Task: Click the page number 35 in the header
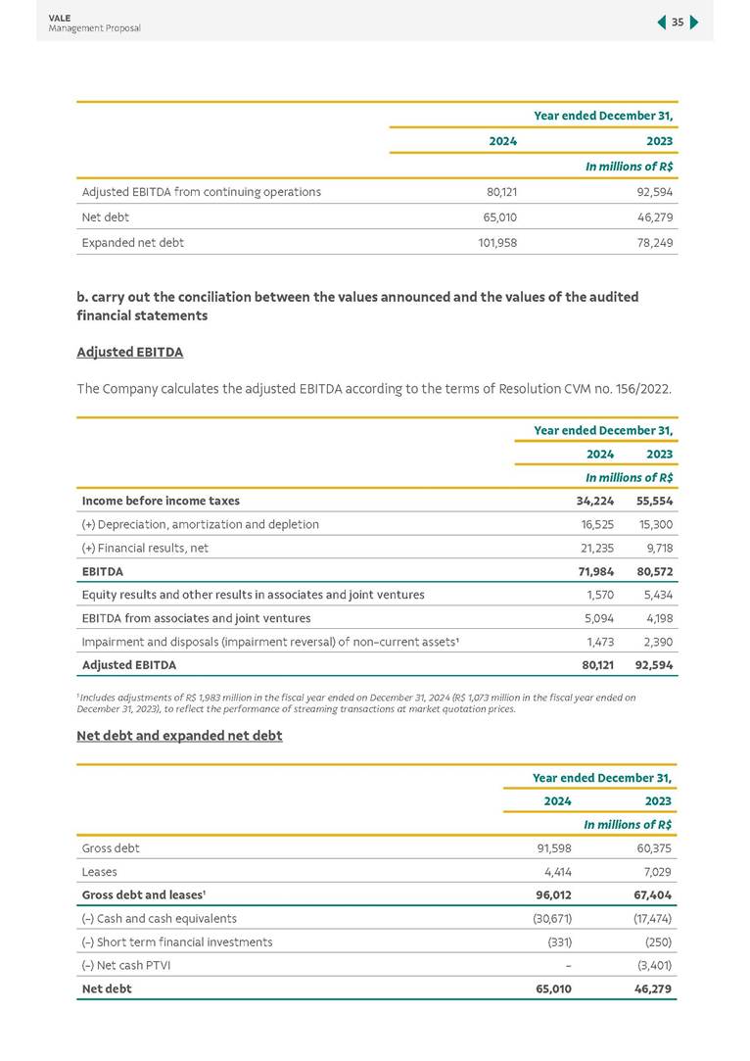point(678,23)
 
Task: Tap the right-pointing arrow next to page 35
point(694,23)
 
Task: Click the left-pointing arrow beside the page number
point(662,23)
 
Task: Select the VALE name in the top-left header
point(59,17)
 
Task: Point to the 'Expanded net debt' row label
point(133,242)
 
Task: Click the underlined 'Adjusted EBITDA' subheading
point(129,352)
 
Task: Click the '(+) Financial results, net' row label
point(146,548)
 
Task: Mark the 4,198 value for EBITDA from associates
point(655,618)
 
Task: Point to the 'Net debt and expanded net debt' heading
point(179,736)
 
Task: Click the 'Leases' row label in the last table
point(100,872)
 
